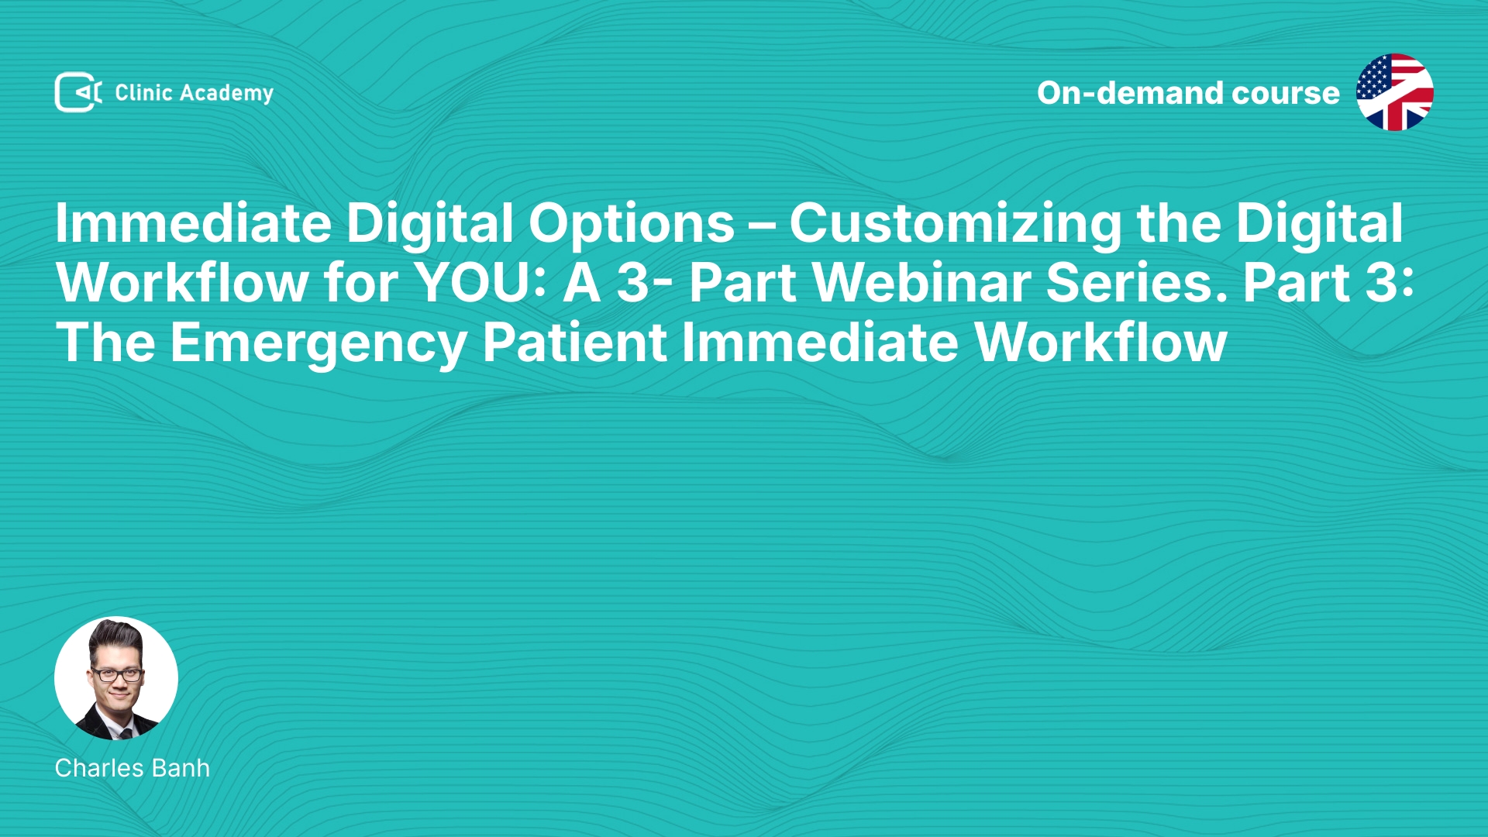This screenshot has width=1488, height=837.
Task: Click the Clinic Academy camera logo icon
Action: coord(78,92)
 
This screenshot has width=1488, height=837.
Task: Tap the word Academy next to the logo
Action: coord(226,94)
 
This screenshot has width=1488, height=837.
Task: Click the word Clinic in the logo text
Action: coord(143,92)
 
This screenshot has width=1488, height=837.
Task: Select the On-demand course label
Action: coord(1188,93)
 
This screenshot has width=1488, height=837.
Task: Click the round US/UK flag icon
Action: coord(1394,92)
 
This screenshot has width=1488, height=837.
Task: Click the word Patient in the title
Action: coord(574,343)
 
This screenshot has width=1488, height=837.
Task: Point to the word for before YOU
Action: coord(361,283)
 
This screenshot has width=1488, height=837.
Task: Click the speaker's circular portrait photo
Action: coord(116,678)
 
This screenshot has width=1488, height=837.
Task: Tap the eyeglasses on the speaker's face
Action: coord(117,674)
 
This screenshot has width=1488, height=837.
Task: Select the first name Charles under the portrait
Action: coord(99,768)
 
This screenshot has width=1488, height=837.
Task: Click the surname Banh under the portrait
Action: coord(181,768)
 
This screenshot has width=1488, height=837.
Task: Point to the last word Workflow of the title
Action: coord(1100,343)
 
